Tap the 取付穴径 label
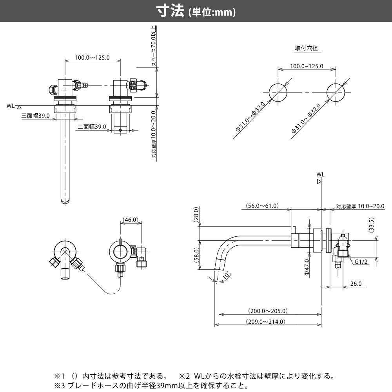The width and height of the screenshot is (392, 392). point(306,49)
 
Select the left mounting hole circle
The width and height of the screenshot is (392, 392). point(278,92)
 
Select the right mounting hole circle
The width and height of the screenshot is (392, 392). point(336,92)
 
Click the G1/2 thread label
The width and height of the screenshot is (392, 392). point(361,262)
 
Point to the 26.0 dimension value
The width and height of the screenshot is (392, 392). point(356,284)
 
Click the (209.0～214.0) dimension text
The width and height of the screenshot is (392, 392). point(265,321)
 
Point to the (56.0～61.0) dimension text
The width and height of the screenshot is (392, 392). point(262,205)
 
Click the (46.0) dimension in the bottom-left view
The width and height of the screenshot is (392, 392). point(130,220)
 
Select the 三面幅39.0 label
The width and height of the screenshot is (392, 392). point(36,116)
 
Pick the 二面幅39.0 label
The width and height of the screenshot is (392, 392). point(92,126)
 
